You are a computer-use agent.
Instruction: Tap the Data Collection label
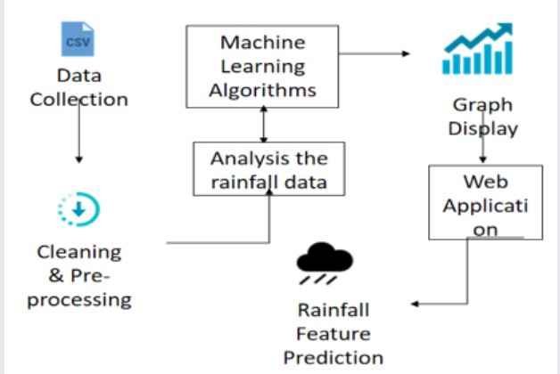(x=78, y=87)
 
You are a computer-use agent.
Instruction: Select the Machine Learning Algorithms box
(x=262, y=66)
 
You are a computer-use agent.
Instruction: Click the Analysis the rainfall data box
(x=269, y=170)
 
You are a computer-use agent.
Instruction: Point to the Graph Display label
(x=482, y=116)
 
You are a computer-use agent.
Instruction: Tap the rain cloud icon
(x=325, y=264)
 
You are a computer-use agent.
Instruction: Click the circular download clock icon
(x=78, y=210)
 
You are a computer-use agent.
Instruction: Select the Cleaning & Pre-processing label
(x=78, y=275)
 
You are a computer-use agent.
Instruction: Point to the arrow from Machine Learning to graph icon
(x=375, y=53)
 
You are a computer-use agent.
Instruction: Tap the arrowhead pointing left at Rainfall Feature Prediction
(x=416, y=304)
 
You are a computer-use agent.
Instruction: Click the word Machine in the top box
(x=262, y=42)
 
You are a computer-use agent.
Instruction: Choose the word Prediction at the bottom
(x=333, y=357)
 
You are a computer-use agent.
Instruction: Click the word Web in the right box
(x=485, y=182)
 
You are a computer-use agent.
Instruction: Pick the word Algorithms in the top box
(x=262, y=90)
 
